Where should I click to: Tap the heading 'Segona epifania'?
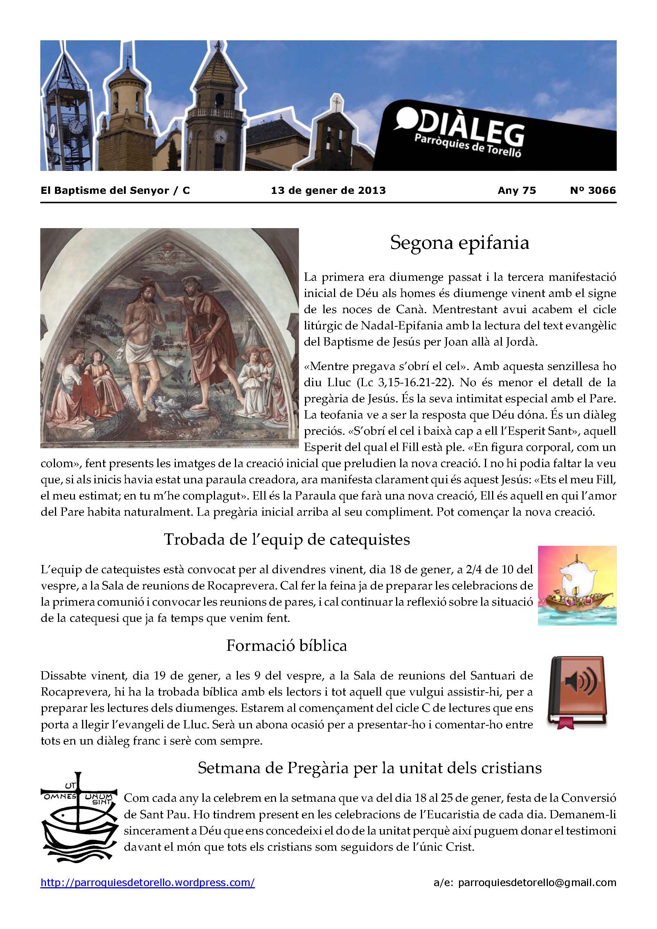[459, 243]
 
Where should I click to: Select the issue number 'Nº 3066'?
[593, 190]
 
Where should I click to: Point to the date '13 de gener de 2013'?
[328, 190]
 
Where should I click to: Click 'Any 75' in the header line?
[517, 190]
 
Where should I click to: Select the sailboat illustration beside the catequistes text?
[577, 585]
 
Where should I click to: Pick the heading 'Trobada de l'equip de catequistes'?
[287, 539]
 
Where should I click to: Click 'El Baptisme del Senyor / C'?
[115, 190]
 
